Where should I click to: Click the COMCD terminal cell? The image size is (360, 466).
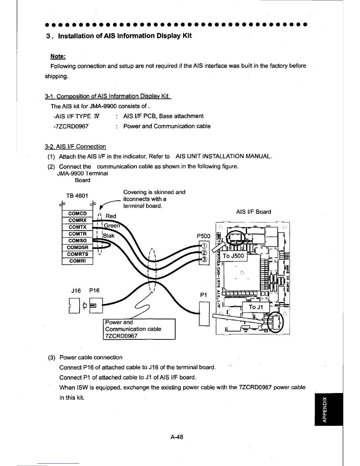[x=77, y=214]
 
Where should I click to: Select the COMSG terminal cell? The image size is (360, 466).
[x=77, y=241]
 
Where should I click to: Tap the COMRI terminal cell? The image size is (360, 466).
[x=77, y=261]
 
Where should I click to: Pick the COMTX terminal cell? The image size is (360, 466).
[x=77, y=227]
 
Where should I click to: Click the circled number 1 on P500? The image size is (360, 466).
[x=204, y=246]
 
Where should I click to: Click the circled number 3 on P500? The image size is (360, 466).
[x=204, y=259]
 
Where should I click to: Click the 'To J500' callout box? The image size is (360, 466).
[x=234, y=256]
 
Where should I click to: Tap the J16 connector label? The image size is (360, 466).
[x=76, y=291]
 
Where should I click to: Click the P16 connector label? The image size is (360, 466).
[x=94, y=291]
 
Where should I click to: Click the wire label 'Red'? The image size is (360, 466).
[x=111, y=216]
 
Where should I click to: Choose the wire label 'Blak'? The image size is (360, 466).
[x=109, y=236]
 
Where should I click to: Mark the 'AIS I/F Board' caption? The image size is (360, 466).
[x=254, y=212]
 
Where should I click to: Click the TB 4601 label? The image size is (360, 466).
[x=75, y=195]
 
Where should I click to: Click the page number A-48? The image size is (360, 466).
[x=176, y=437]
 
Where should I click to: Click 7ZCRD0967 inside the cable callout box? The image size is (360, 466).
[x=121, y=336]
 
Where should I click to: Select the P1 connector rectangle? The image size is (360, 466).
[x=204, y=314]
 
